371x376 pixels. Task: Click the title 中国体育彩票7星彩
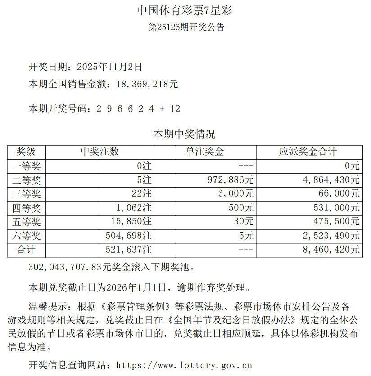point(185,10)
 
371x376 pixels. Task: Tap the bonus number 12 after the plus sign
point(175,109)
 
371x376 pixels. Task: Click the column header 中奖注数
point(100,152)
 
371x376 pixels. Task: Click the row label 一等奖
point(27,166)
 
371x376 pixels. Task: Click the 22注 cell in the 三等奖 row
point(141,194)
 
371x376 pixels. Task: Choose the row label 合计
point(27,250)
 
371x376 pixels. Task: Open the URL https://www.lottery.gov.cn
point(184,365)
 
